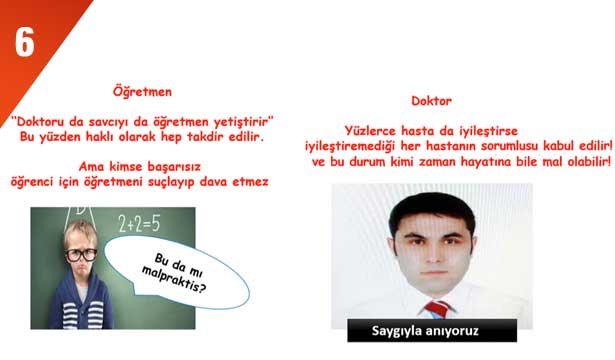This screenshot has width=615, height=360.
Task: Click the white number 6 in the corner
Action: point(24,43)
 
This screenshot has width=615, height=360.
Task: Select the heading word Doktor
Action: point(431,101)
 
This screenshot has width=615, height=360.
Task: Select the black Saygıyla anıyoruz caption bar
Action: point(431,330)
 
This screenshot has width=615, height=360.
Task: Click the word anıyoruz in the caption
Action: point(464,330)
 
